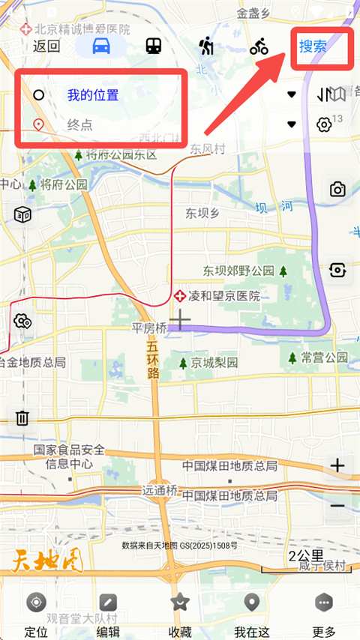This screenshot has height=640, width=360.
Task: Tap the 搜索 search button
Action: [x=313, y=46]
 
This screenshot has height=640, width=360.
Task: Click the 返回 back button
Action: [x=46, y=45]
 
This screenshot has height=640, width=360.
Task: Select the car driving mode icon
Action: [x=101, y=46]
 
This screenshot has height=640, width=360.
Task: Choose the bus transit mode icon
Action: [x=154, y=46]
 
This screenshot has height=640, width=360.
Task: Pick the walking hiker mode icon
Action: [x=206, y=46]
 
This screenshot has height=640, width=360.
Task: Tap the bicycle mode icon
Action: [x=259, y=46]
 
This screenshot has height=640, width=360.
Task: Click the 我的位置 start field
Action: [x=93, y=95]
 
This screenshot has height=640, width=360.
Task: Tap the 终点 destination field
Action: [x=79, y=124]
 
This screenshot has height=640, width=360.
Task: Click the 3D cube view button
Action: [x=22, y=215]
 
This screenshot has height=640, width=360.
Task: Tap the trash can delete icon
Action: [x=22, y=417]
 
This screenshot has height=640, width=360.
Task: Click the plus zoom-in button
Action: [x=337, y=465]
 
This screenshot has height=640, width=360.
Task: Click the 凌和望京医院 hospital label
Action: [x=223, y=296]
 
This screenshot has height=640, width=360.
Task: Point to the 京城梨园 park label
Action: [x=214, y=363]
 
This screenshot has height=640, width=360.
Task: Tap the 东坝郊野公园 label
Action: [x=238, y=270]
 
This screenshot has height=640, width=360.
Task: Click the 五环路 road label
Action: [x=153, y=360]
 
